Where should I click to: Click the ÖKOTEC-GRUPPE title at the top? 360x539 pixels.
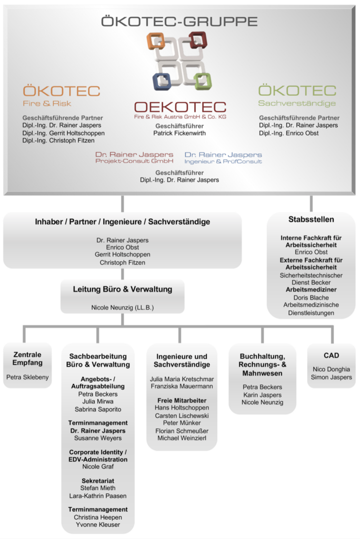pyautogui.click(x=179, y=22)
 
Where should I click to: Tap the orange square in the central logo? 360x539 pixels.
pyautogui.click(x=156, y=41)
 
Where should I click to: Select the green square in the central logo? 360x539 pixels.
pyautogui.click(x=202, y=80)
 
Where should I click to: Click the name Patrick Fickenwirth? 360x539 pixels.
pyautogui.click(x=179, y=133)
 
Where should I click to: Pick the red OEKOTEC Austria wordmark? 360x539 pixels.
pyautogui.click(x=179, y=107)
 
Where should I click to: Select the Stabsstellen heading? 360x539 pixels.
pyautogui.click(x=311, y=219)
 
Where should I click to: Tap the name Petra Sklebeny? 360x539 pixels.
pyautogui.click(x=27, y=377)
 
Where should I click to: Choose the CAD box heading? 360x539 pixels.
pyautogui.click(x=331, y=355)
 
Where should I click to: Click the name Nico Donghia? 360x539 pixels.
pyautogui.click(x=331, y=369)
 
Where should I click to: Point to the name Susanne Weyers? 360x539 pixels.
pyautogui.click(x=98, y=438)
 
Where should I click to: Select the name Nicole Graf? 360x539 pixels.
pyautogui.click(x=98, y=466)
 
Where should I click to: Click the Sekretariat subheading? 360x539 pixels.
pyautogui.click(x=98, y=481)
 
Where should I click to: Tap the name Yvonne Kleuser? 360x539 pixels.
pyautogui.click(x=98, y=524)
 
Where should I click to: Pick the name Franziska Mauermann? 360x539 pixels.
pyautogui.click(x=182, y=386)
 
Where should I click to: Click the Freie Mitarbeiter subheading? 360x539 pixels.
pyautogui.click(x=182, y=401)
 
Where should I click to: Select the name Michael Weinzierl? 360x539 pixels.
pyautogui.click(x=182, y=438)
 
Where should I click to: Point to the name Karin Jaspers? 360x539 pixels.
pyautogui.click(x=262, y=395)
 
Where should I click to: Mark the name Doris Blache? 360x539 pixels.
pyautogui.click(x=311, y=297)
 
